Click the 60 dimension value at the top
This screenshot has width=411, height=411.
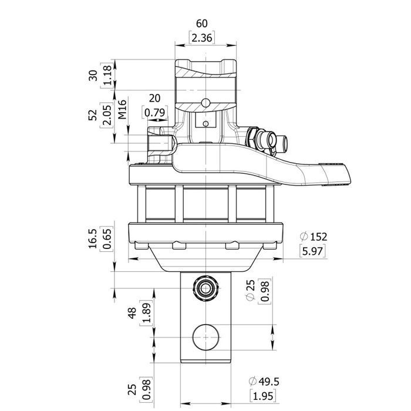click(201, 23)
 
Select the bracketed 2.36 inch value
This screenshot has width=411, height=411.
click(201, 38)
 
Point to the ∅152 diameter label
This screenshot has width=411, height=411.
click(312, 237)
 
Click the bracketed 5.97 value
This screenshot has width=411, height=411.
click(312, 251)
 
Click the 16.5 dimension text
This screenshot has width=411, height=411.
click(92, 238)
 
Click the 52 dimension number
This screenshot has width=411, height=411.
click(92, 115)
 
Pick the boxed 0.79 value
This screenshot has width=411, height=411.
click(154, 111)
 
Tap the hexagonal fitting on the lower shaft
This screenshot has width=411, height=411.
click(206, 287)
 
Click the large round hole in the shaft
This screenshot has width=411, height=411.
click(206, 337)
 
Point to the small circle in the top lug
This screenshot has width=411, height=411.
click(206, 103)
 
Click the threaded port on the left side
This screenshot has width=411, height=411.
click(157, 142)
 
